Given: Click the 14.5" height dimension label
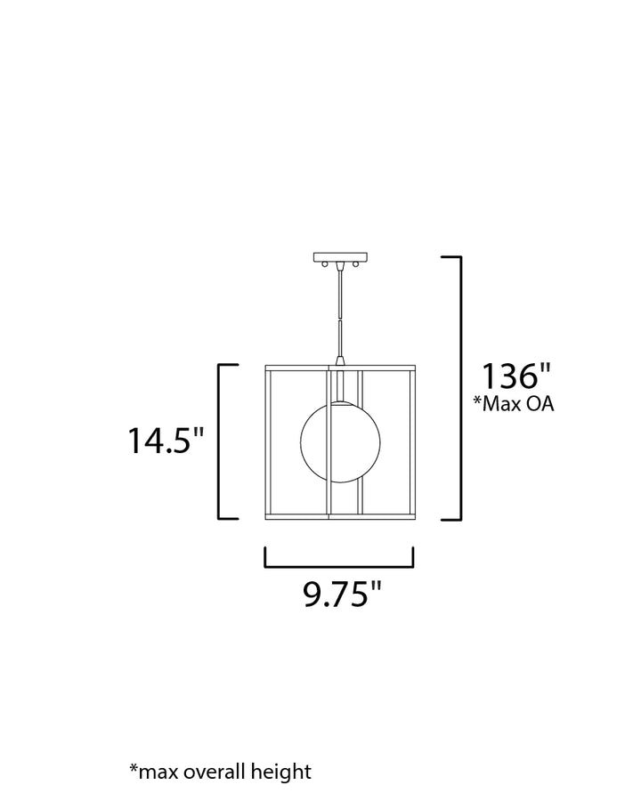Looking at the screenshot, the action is [x=166, y=441].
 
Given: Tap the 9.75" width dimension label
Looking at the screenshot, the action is [x=342, y=594].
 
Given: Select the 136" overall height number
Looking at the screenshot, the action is [x=516, y=376].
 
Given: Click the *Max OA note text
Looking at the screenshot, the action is [x=513, y=403].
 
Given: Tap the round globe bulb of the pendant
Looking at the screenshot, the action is [x=340, y=442].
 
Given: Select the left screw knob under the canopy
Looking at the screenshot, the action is [x=324, y=264].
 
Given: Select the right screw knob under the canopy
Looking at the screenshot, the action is [x=354, y=264].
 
